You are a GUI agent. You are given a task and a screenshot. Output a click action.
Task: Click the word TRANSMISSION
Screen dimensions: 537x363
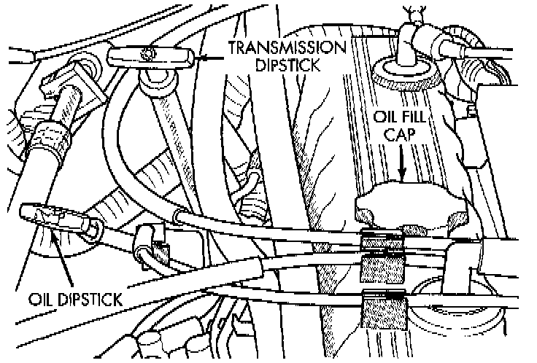286,48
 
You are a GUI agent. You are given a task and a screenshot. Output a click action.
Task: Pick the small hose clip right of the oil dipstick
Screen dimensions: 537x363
150,237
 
